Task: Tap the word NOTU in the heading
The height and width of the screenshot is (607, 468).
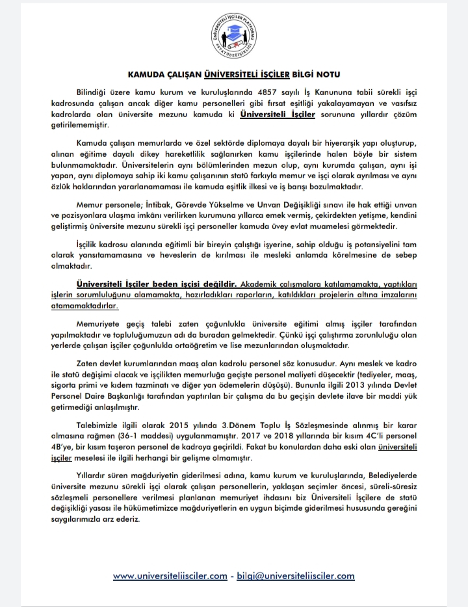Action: coord(326,75)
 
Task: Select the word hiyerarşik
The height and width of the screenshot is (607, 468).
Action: coord(307,142)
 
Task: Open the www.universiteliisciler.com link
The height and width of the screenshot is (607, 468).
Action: coord(170,576)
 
